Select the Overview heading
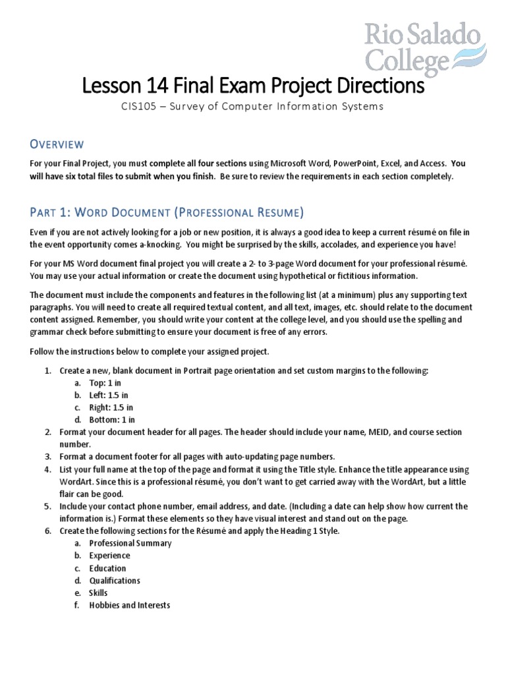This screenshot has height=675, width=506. click(x=56, y=144)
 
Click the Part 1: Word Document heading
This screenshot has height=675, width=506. click(x=167, y=212)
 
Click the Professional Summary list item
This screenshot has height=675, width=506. click(x=130, y=543)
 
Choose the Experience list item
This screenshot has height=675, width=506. click(x=109, y=556)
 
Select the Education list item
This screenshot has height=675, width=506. click(x=107, y=568)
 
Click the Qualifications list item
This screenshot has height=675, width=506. click(x=115, y=581)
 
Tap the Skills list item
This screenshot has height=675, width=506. click(x=98, y=593)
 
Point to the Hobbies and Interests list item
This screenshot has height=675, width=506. click(x=129, y=605)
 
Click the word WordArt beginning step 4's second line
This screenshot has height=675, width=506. click(x=75, y=481)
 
